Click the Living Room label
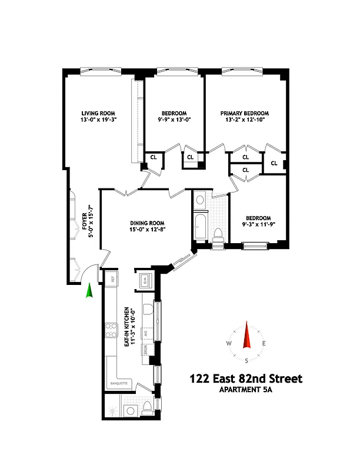tap(98, 114)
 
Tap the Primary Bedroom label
tap(244, 114)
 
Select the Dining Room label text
tap(146, 223)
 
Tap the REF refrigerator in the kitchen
tap(112, 277)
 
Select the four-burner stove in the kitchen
tap(110, 331)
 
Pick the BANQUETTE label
tap(119, 384)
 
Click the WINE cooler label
tap(144, 352)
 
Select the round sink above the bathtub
tap(200, 200)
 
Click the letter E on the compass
tap(264, 344)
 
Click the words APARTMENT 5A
tap(245, 390)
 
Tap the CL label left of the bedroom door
tap(154, 157)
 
